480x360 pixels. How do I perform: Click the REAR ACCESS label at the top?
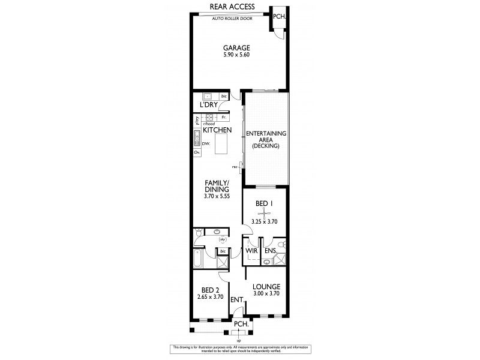click(x=232, y=7)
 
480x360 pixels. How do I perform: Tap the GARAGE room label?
click(x=236, y=48)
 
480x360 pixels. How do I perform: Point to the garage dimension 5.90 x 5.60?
click(x=236, y=55)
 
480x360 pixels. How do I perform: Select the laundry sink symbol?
click(x=208, y=96)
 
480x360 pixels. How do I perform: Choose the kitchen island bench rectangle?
click(x=223, y=144)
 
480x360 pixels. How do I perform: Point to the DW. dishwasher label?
click(x=205, y=144)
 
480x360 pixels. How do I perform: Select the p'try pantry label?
click(x=196, y=119)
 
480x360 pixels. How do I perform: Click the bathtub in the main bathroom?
click(x=198, y=260)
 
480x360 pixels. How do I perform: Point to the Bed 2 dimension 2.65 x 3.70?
click(x=210, y=296)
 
